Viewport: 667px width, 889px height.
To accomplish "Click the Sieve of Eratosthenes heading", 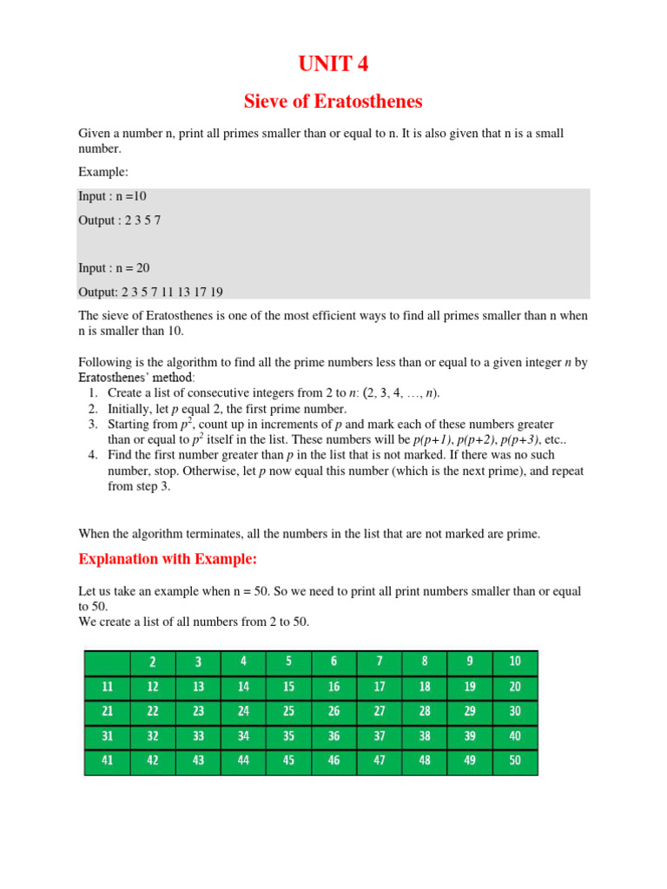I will click(x=333, y=102).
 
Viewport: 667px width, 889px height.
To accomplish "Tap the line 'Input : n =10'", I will click(x=112, y=196).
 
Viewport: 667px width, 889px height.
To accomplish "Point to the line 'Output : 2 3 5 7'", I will click(x=120, y=221).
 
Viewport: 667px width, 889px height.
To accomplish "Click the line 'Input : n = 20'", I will click(x=114, y=268).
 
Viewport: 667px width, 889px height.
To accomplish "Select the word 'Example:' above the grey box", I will click(x=103, y=172).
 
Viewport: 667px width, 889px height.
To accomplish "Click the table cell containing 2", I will click(x=153, y=662).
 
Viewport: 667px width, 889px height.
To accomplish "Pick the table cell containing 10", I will click(x=515, y=662).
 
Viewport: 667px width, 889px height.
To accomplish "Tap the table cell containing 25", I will click(x=289, y=711).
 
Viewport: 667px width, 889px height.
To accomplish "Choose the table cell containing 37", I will click(x=380, y=736).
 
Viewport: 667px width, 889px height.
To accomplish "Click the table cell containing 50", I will click(x=515, y=761).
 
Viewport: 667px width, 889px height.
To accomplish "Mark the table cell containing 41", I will click(x=108, y=761).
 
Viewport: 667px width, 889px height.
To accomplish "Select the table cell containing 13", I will click(x=198, y=687).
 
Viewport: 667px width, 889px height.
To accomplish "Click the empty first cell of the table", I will click(x=108, y=662).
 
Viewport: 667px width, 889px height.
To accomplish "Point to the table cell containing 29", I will click(x=470, y=711).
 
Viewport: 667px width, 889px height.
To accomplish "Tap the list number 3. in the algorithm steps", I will click(x=93, y=425).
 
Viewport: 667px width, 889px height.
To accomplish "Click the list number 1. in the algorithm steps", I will click(x=93, y=393).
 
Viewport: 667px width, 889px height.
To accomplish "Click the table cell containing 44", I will click(x=243, y=761).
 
